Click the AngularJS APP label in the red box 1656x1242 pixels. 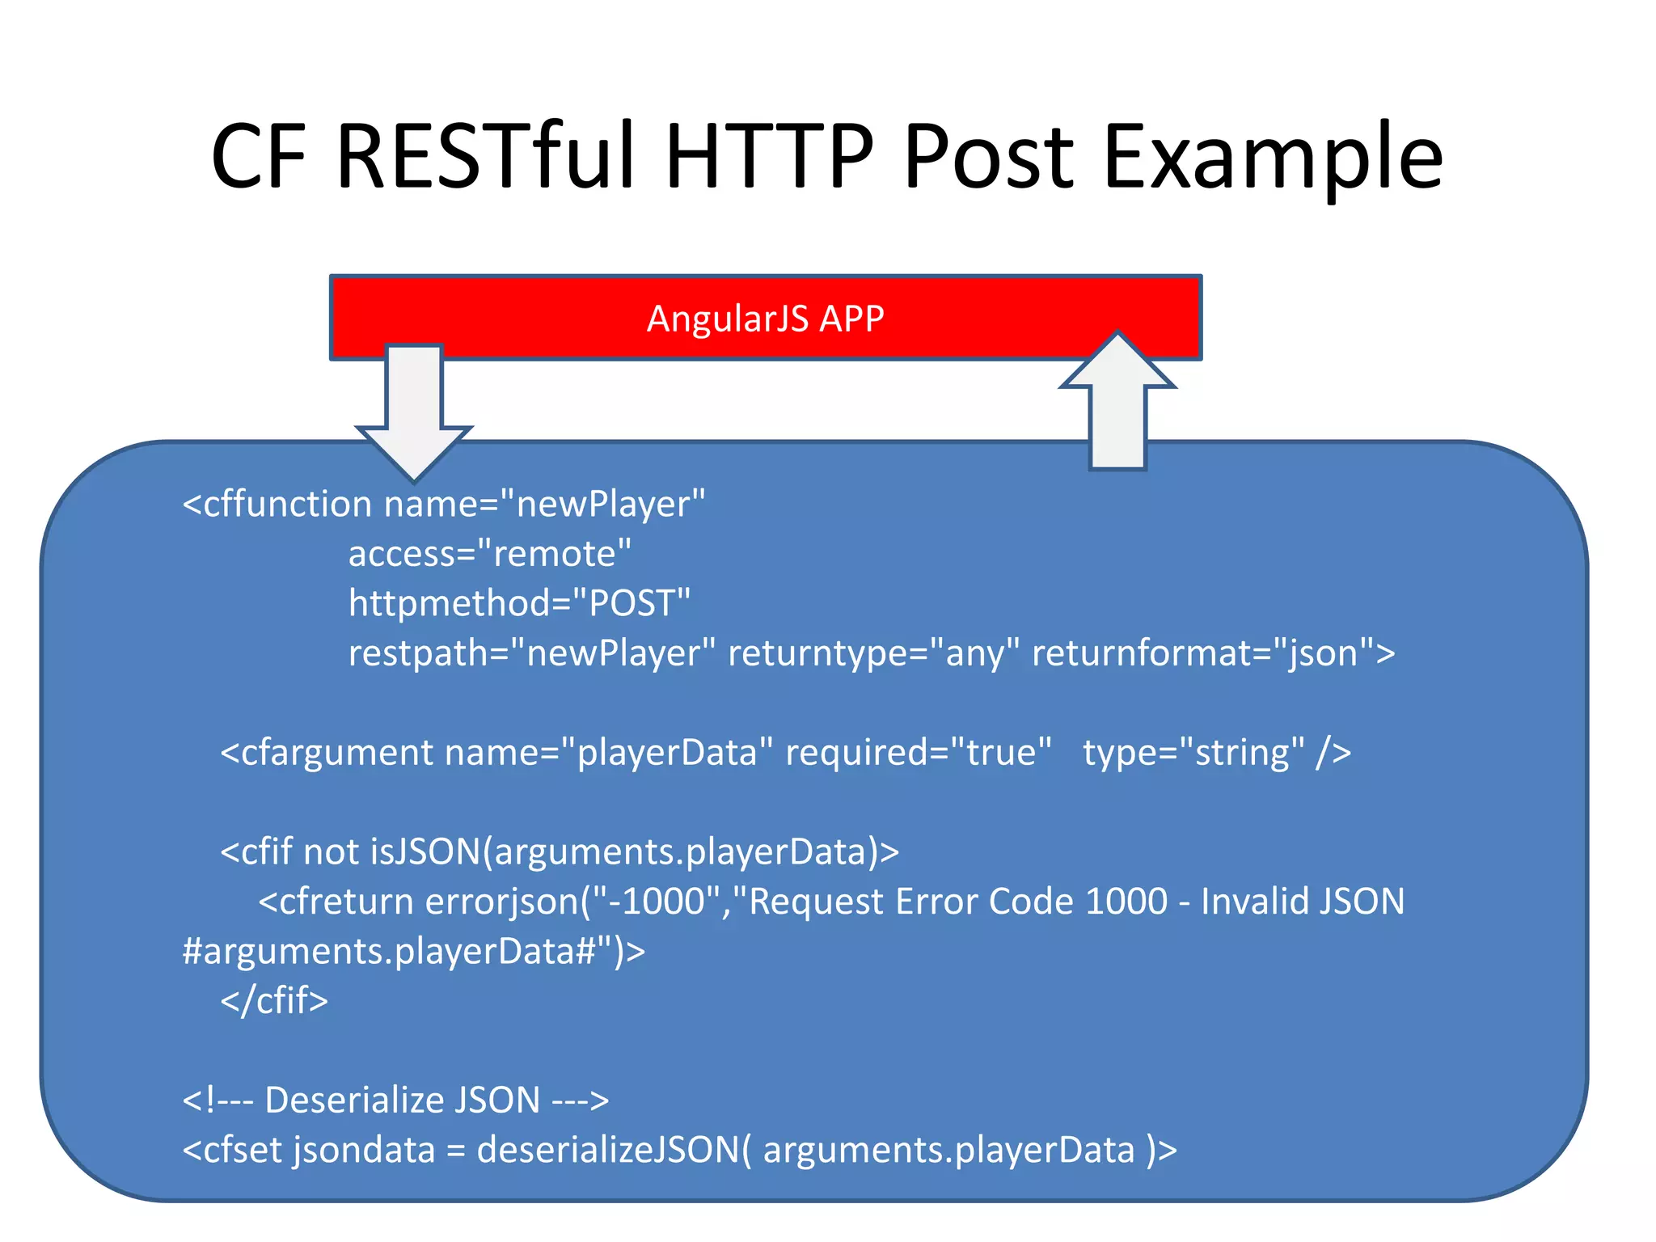pyautogui.click(x=765, y=319)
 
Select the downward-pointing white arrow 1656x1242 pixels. pyautogui.click(x=413, y=412)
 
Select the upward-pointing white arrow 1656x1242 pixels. pyautogui.click(x=1117, y=400)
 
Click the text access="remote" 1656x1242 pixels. pyautogui.click(x=489, y=554)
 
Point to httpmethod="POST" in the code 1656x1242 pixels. pyautogui.click(x=519, y=603)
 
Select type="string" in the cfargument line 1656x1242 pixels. pyautogui.click(x=1193, y=753)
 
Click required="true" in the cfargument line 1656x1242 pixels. pyautogui.click(x=919, y=753)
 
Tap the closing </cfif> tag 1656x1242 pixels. pyautogui.click(x=274, y=1001)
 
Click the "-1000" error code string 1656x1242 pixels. pyautogui.click(x=656, y=902)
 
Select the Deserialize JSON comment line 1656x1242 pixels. pyautogui.click(x=395, y=1100)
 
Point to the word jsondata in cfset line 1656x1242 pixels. pyautogui.click(x=364, y=1150)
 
